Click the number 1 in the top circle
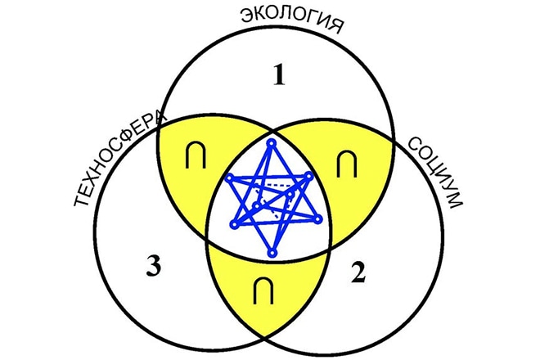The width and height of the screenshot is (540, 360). coord(279,77)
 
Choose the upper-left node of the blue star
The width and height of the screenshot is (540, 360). coord(232,178)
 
